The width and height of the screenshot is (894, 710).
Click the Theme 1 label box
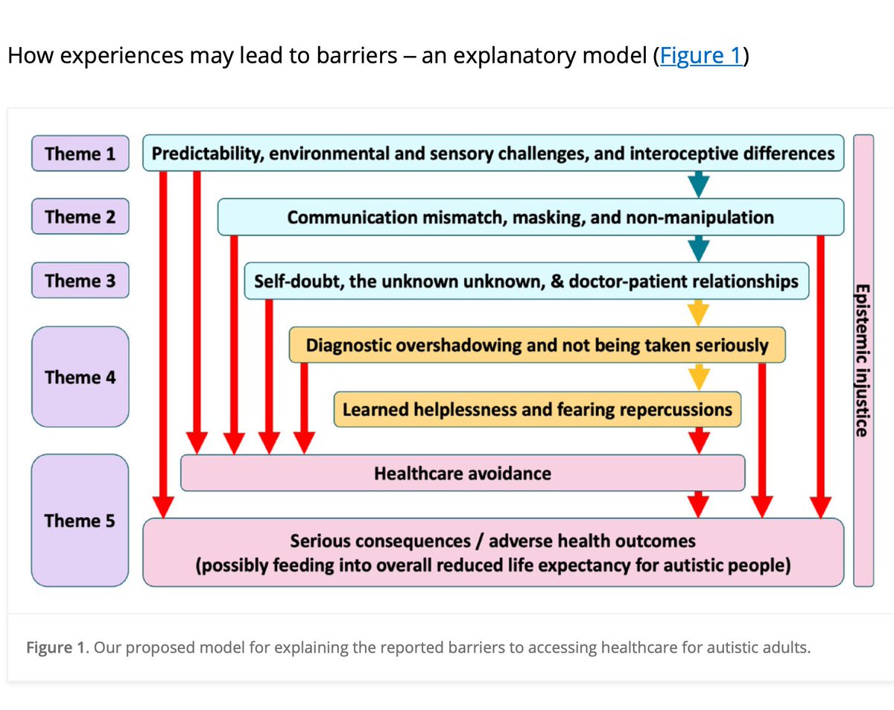tap(80, 153)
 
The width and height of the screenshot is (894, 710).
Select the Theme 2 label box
tap(80, 217)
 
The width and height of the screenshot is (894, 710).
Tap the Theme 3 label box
tap(80, 281)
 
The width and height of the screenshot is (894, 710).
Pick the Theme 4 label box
tap(80, 376)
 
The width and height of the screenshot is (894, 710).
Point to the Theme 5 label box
tap(80, 519)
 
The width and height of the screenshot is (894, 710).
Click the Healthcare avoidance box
tap(462, 473)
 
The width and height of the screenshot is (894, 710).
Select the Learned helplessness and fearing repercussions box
tap(536, 409)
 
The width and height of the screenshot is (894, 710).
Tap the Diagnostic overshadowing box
tap(536, 345)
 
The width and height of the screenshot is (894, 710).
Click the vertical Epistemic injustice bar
tap(862, 360)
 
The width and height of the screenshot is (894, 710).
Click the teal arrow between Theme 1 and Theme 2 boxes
tap(698, 184)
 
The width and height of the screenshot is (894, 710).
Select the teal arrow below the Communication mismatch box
tap(698, 248)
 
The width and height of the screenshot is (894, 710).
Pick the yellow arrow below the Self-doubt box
tap(698, 313)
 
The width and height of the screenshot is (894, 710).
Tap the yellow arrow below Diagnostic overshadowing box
tap(698, 377)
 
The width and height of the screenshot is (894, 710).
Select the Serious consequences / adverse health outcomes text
tap(492, 540)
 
